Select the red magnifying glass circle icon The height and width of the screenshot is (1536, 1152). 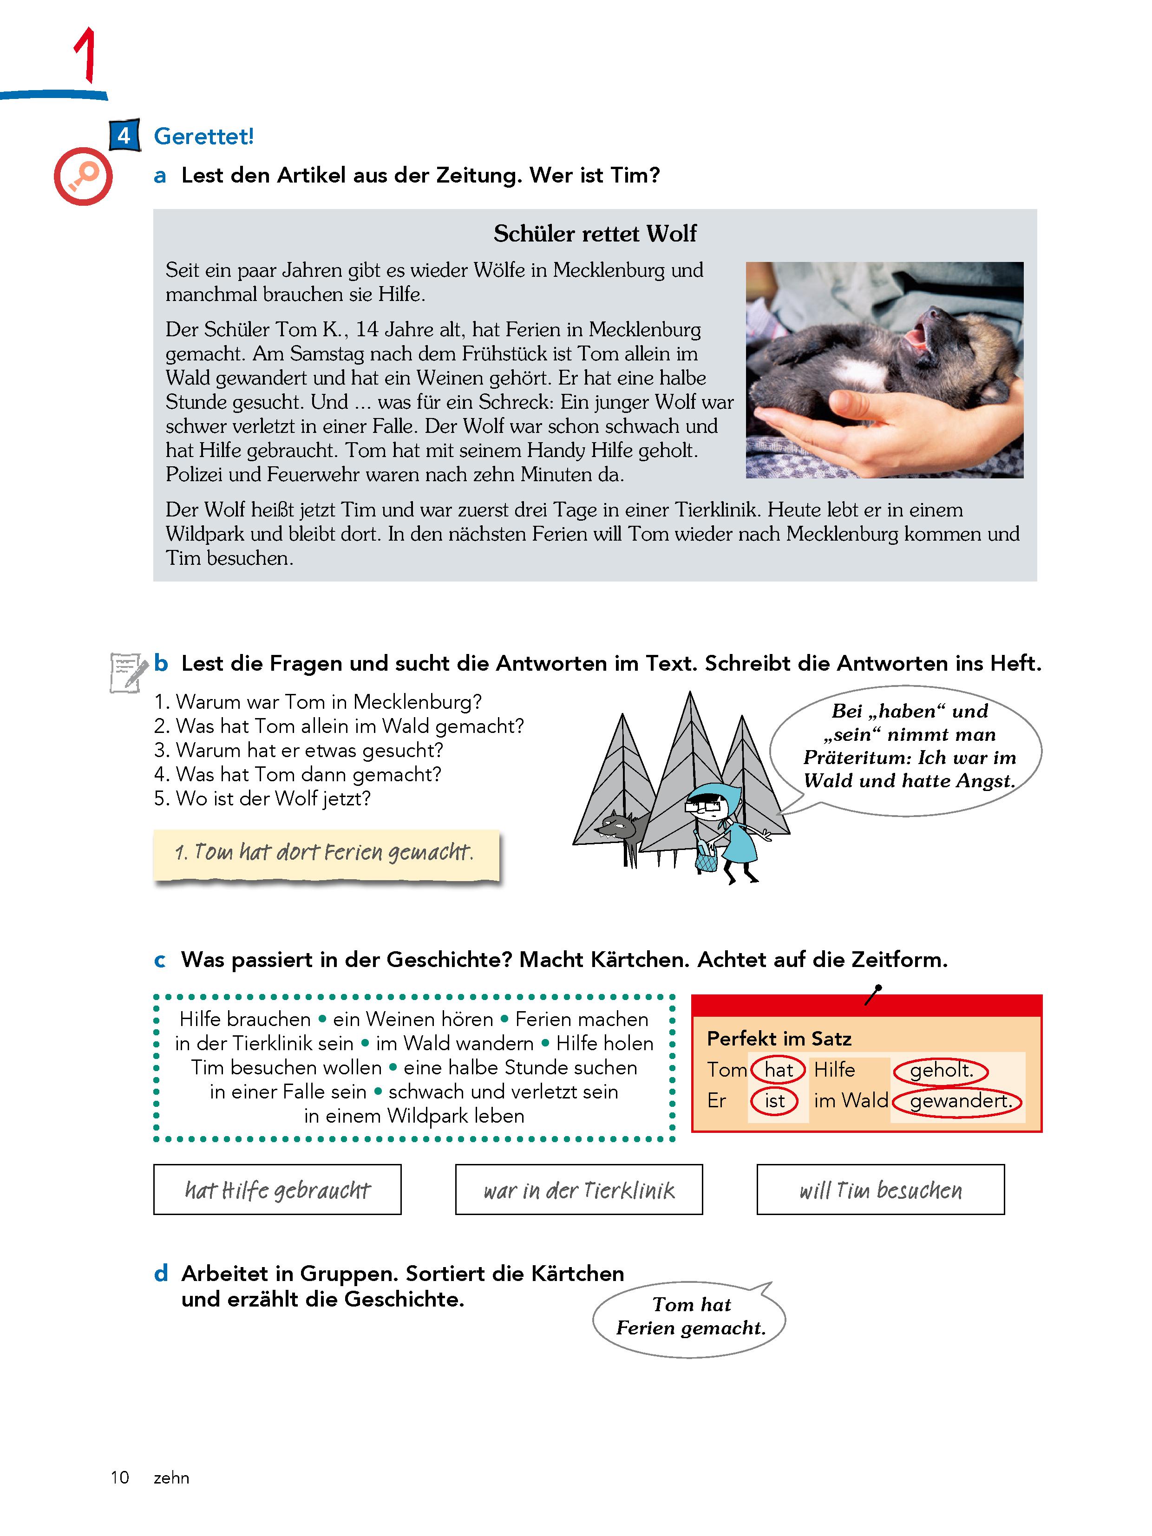83,176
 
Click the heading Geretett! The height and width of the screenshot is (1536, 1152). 203,136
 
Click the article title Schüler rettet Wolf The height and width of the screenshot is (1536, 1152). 595,233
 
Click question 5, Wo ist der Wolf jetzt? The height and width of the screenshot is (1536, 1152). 262,798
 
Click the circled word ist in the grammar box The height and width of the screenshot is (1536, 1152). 774,1101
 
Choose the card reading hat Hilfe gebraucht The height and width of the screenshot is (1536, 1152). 277,1190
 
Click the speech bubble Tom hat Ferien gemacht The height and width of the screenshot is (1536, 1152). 690,1317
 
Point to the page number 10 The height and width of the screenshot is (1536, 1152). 119,1477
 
